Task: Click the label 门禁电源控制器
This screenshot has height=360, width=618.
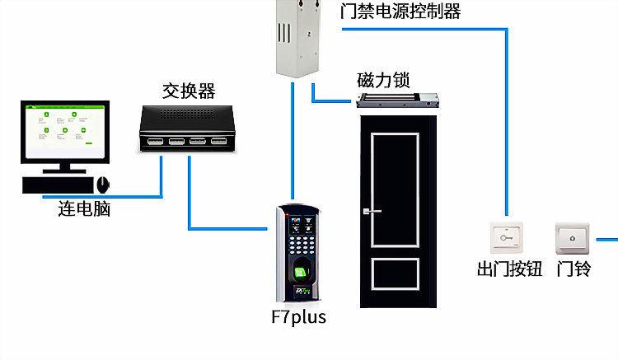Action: (x=400, y=12)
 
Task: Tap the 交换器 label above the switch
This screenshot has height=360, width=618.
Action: (x=189, y=88)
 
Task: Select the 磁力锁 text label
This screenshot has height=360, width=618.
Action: (x=384, y=81)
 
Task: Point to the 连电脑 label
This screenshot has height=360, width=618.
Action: (x=84, y=209)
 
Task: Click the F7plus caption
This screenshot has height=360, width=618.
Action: (x=298, y=316)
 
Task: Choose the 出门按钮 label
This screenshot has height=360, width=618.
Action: (x=509, y=269)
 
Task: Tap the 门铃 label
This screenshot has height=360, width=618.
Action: (x=574, y=269)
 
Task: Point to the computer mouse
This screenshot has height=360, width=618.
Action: (x=103, y=183)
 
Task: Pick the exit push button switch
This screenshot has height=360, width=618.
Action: (x=507, y=239)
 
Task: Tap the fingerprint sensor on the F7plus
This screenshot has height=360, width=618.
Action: (x=302, y=271)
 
